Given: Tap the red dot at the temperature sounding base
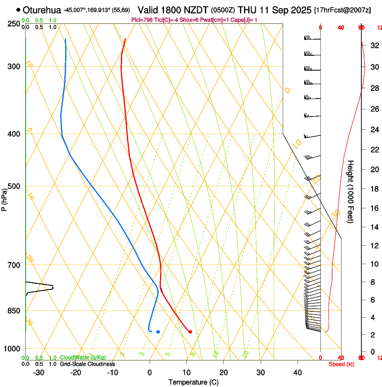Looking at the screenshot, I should (191, 332).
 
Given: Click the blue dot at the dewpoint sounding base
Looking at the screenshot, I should (158, 332).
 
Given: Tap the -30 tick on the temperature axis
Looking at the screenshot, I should (39, 372).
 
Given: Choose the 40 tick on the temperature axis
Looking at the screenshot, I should (298, 372).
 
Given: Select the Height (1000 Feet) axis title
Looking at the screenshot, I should (351, 191).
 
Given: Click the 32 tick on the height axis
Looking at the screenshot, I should (374, 45).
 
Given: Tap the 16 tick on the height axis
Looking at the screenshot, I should (374, 208).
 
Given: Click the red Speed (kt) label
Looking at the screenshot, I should (342, 364).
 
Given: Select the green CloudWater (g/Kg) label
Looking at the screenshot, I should (83, 358).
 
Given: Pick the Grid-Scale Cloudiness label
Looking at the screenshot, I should (87, 364).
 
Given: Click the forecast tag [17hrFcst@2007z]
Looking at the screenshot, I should (342, 10).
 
